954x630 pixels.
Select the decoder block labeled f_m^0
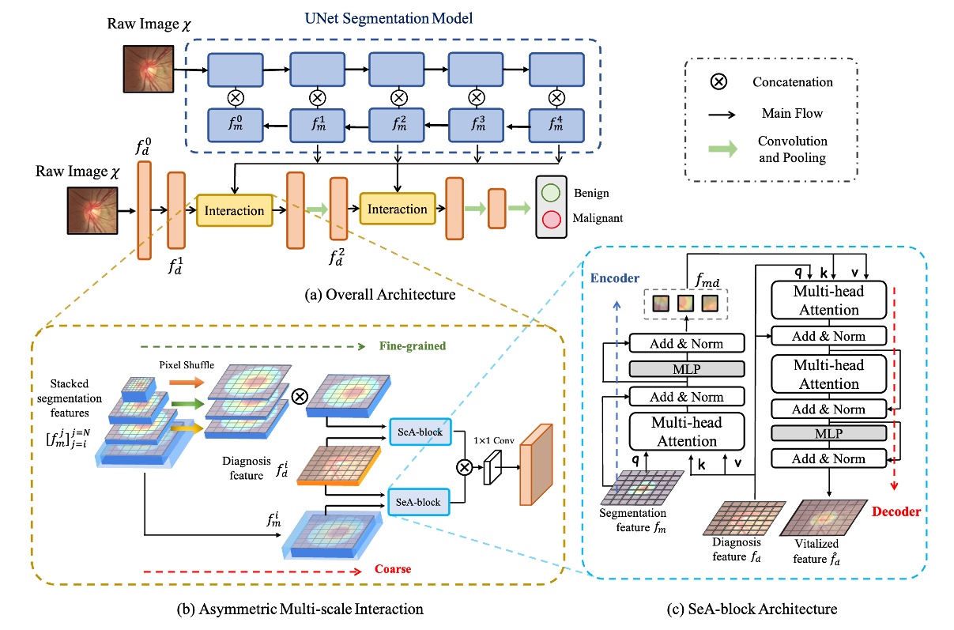[235, 123]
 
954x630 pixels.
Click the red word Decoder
[896, 512]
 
